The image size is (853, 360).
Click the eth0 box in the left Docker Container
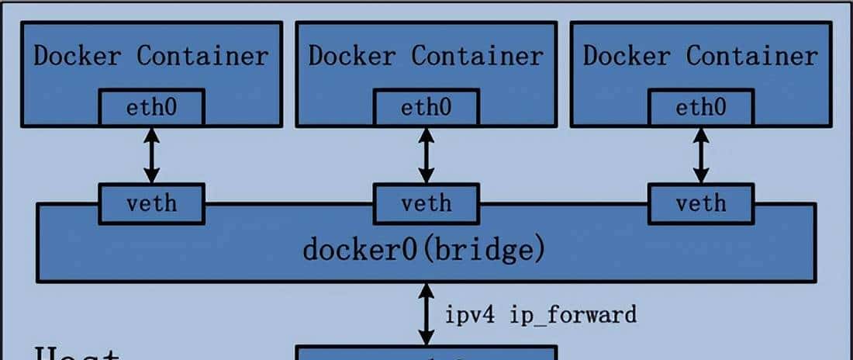point(151,107)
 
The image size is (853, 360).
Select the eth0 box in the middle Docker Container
point(426,107)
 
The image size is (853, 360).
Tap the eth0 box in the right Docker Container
point(701,107)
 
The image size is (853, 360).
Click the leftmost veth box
point(151,203)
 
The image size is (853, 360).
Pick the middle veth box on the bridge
point(426,203)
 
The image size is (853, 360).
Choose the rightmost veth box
point(701,203)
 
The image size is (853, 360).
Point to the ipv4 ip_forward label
point(540,314)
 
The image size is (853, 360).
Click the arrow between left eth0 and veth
point(151,155)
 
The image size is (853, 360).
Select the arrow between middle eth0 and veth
point(426,155)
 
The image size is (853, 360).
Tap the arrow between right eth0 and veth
point(701,155)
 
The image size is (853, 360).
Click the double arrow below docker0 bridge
point(426,314)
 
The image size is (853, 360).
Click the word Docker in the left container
point(78,56)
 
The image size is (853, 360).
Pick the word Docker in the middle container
point(352,56)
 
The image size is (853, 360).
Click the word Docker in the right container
point(627,56)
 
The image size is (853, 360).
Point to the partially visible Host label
point(76,353)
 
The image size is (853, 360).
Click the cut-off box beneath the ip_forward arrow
point(426,354)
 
